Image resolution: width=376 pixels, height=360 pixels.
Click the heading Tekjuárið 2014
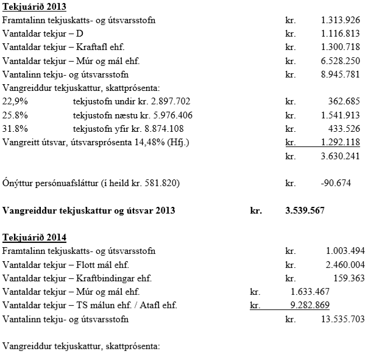point(34,237)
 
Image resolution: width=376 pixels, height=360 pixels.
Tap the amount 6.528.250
point(340,61)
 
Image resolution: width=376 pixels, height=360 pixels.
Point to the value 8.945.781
point(340,74)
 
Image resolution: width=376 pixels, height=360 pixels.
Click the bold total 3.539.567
point(305,211)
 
